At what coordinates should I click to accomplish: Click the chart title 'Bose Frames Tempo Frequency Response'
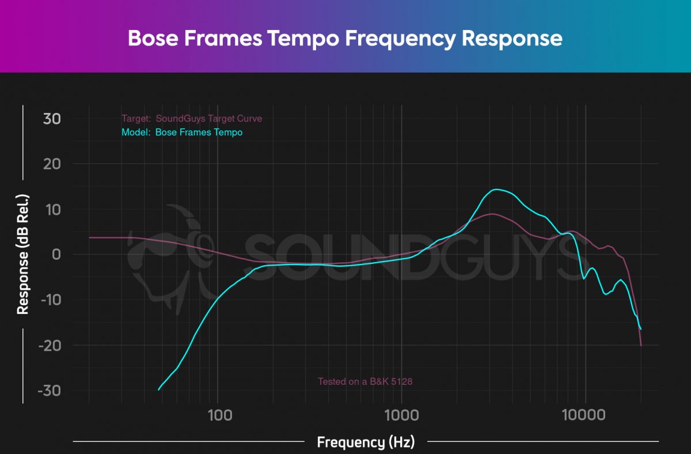click(x=344, y=38)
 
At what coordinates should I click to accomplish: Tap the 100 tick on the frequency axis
click(x=217, y=415)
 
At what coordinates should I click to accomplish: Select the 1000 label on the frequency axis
click(x=401, y=415)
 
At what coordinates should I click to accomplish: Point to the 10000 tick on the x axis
click(x=586, y=415)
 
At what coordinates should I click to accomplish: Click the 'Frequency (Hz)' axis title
click(x=366, y=442)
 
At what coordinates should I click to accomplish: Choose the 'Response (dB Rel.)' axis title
click(x=23, y=254)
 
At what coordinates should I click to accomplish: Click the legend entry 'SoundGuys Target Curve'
click(x=192, y=119)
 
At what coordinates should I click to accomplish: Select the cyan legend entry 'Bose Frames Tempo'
click(x=182, y=133)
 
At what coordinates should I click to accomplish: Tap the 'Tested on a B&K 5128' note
click(x=365, y=381)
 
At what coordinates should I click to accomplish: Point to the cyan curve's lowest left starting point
click(x=159, y=390)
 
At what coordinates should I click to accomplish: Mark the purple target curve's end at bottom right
click(x=641, y=346)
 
